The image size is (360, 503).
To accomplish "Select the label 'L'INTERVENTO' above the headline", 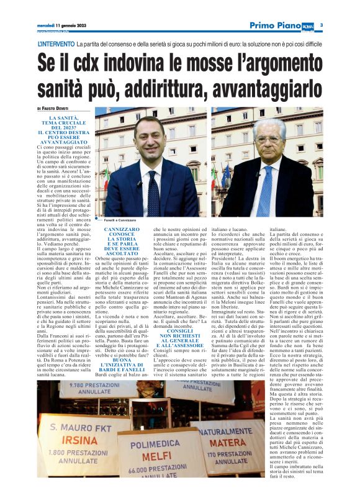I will pos(56,45).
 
